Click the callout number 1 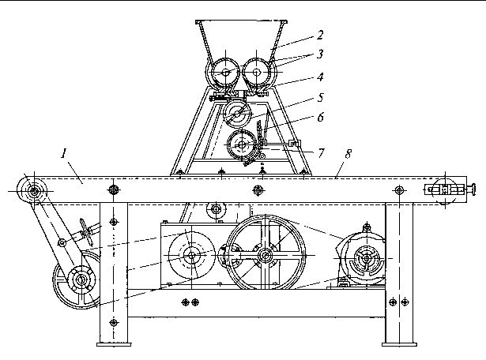point(64,153)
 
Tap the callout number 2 point(320,35)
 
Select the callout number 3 point(320,54)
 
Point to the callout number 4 point(320,77)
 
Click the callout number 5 point(321,98)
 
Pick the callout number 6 point(321,118)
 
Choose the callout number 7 point(321,153)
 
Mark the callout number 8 point(348,154)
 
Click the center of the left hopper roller point(225,73)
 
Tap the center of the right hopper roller point(257,72)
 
